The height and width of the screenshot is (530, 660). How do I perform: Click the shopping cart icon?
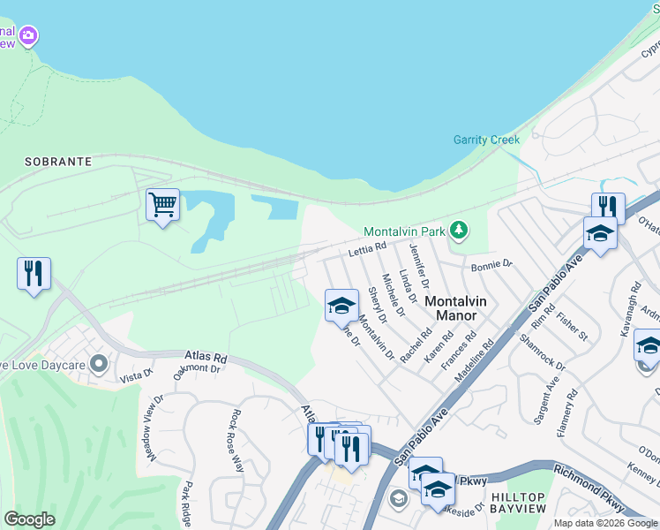click(x=163, y=205)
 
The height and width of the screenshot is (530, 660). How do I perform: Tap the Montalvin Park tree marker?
click(x=458, y=231)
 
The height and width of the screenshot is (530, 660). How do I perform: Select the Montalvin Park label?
click(x=403, y=231)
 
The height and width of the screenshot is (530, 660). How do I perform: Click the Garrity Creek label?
click(x=486, y=140)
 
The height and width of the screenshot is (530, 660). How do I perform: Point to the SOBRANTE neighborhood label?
click(x=58, y=162)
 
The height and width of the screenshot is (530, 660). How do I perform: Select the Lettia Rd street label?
click(x=368, y=250)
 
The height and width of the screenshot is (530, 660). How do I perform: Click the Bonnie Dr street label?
click(x=491, y=264)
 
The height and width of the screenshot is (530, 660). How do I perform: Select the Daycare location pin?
click(x=98, y=363)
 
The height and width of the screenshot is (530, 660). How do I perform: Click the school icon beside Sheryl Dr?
click(x=341, y=306)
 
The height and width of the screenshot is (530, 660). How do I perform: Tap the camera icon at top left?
click(x=29, y=35)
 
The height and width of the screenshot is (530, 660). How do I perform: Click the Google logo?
click(x=29, y=519)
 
